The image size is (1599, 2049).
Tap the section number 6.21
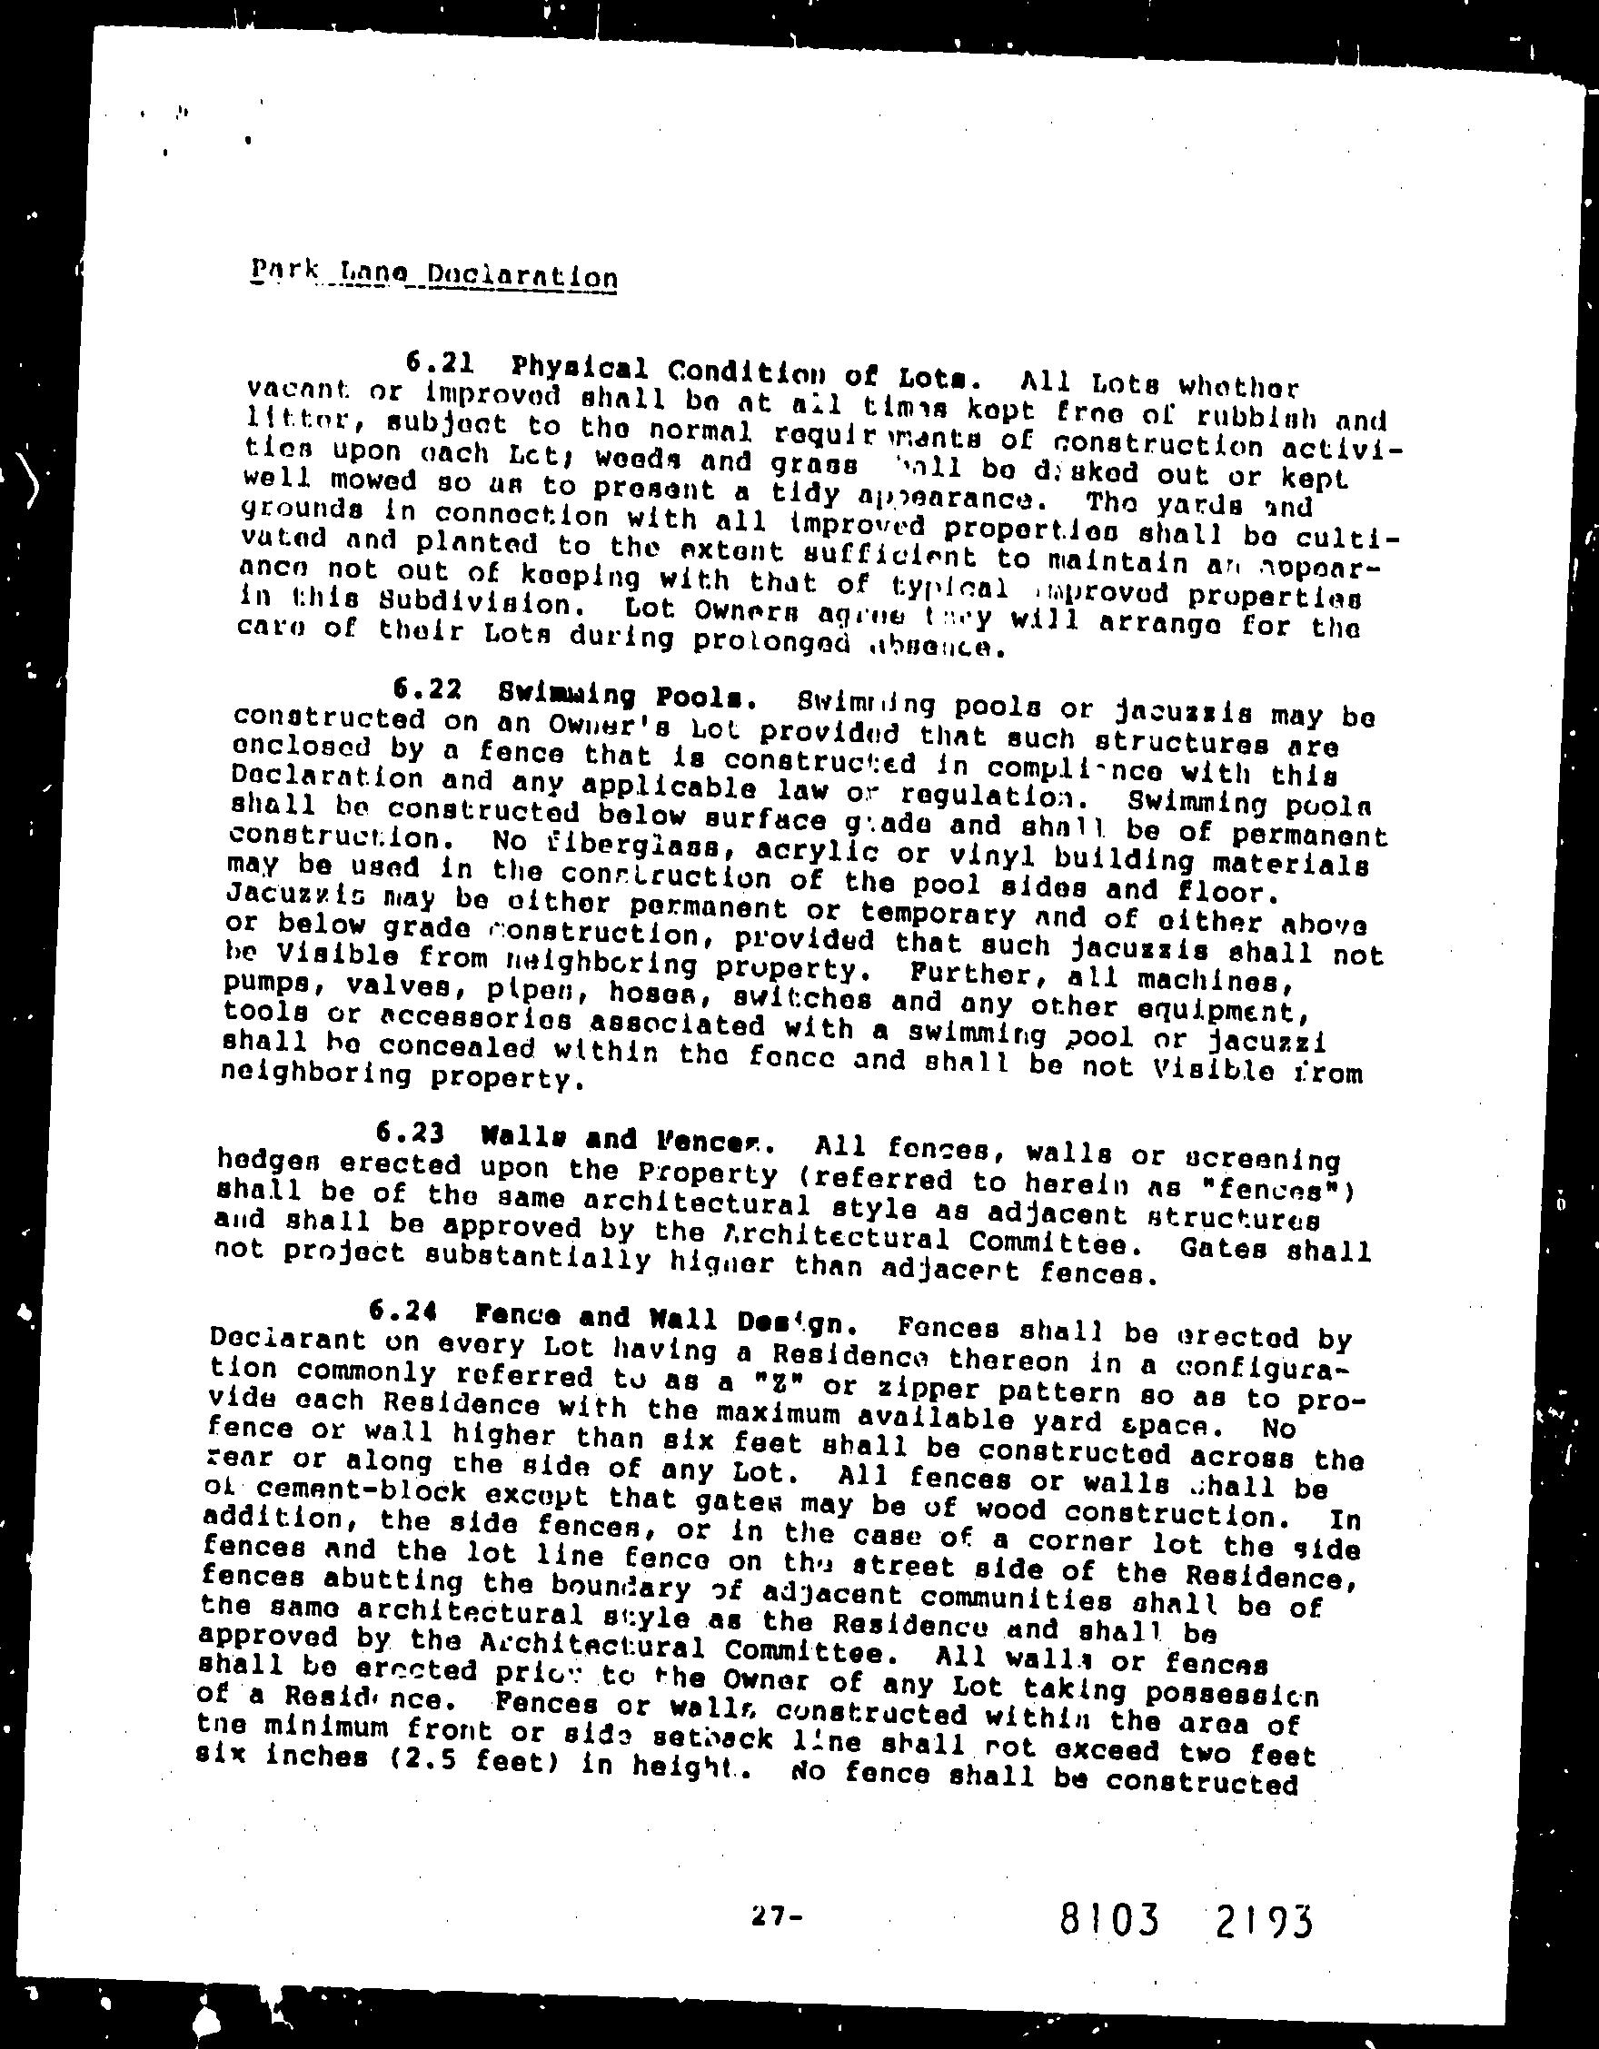click(437, 363)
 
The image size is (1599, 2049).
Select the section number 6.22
click(427, 690)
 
